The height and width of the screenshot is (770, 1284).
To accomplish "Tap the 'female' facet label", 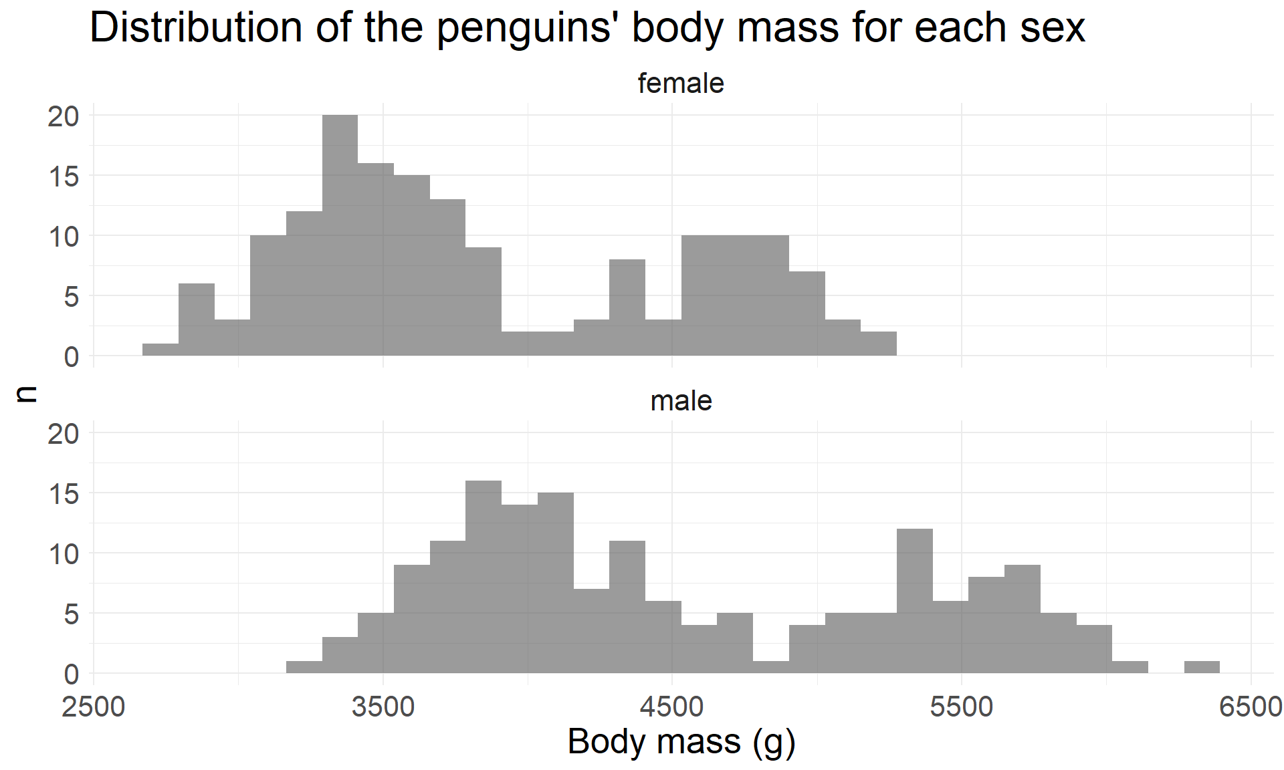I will (x=681, y=84).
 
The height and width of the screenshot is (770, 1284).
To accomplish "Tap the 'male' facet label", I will (x=681, y=401).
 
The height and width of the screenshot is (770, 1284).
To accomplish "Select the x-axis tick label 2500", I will (x=94, y=707).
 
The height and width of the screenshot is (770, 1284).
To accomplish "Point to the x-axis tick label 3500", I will (x=383, y=707).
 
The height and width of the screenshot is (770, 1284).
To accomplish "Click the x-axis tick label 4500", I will (x=672, y=707).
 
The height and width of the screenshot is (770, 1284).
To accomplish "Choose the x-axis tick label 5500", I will (x=962, y=707).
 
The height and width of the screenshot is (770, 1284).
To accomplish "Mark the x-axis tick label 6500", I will (x=1250, y=707).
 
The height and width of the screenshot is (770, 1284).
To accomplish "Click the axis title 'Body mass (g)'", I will (x=681, y=742).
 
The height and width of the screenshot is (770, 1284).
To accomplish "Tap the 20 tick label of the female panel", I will (x=64, y=116).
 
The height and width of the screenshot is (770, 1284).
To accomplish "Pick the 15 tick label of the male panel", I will (x=64, y=494).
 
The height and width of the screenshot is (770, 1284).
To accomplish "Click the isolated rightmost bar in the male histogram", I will (x=1202, y=667).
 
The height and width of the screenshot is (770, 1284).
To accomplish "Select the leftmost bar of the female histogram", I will (x=160, y=350).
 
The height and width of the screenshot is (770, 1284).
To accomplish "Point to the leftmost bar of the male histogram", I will (x=304, y=667).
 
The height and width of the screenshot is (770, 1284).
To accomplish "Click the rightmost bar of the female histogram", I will (x=878, y=344).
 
